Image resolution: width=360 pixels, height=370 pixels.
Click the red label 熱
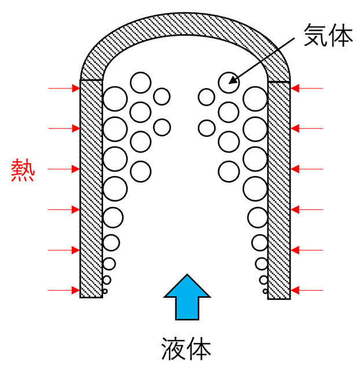click(23, 170)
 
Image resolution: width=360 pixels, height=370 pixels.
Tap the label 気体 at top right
click(328, 35)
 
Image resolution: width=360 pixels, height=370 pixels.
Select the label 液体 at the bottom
click(186, 349)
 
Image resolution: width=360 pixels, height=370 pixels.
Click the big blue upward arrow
click(187, 297)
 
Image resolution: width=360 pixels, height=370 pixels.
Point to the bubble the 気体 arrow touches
click(229, 83)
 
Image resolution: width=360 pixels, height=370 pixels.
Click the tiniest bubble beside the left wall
click(105, 291)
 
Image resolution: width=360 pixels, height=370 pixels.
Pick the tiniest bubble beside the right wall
click(266, 291)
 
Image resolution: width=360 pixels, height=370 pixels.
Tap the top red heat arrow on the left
click(64, 88)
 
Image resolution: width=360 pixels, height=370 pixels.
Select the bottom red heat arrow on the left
click(64, 290)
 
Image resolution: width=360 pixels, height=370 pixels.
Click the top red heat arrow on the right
click(307, 88)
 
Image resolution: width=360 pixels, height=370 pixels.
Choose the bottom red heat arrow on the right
click(307, 290)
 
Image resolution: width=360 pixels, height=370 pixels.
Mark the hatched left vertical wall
click(91, 188)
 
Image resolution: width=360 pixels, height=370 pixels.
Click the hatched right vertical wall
click(279, 190)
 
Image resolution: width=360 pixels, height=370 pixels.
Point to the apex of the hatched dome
click(185, 24)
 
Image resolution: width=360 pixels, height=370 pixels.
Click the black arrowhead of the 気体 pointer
click(233, 80)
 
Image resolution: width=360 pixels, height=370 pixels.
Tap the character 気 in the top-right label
click(315, 35)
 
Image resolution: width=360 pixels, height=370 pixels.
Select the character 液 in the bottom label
click(173, 349)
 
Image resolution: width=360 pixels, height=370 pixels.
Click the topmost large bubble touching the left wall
click(115, 99)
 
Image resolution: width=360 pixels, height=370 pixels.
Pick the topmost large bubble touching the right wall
click(255, 99)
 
